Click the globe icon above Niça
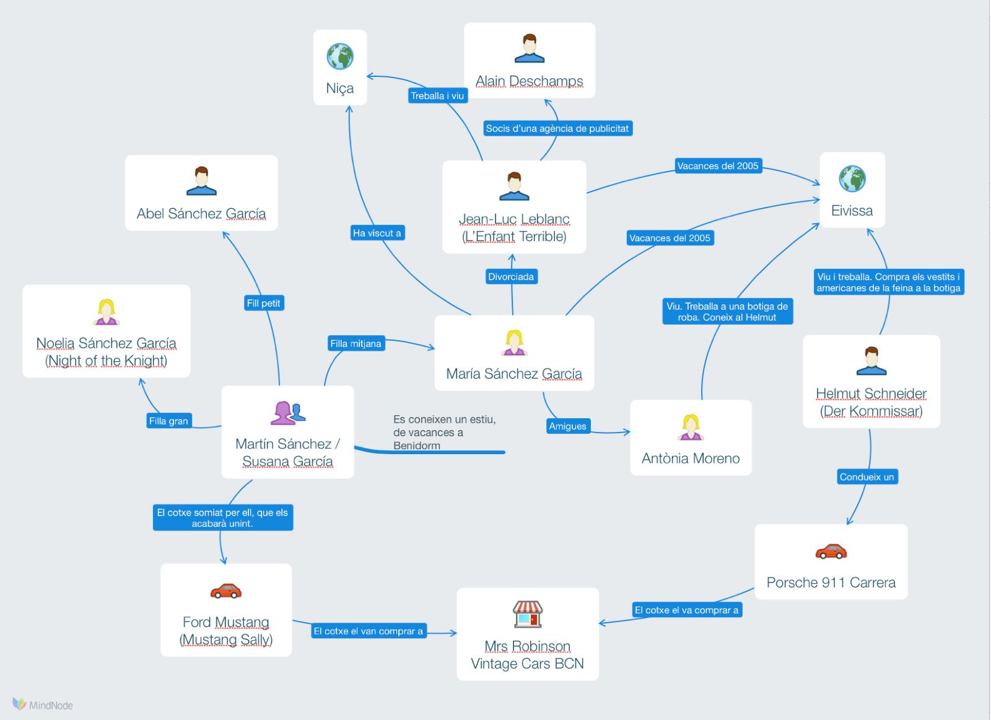(x=340, y=56)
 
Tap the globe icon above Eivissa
(x=852, y=178)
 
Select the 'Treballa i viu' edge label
(x=437, y=95)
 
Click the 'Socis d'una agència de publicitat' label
(x=557, y=128)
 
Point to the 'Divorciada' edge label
(x=511, y=276)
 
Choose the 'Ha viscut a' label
(x=377, y=233)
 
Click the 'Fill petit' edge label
(x=264, y=303)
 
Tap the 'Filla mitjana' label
(x=356, y=343)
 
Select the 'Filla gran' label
(x=168, y=421)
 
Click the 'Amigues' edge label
(x=567, y=426)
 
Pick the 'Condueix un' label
(x=867, y=476)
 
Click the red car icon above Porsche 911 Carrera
(x=831, y=551)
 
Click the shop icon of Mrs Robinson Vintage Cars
(x=528, y=614)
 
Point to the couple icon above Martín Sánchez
(x=287, y=413)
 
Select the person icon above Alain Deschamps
(x=530, y=49)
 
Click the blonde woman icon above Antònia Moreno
(x=691, y=427)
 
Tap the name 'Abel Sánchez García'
(x=201, y=214)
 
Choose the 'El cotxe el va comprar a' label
(x=686, y=610)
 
